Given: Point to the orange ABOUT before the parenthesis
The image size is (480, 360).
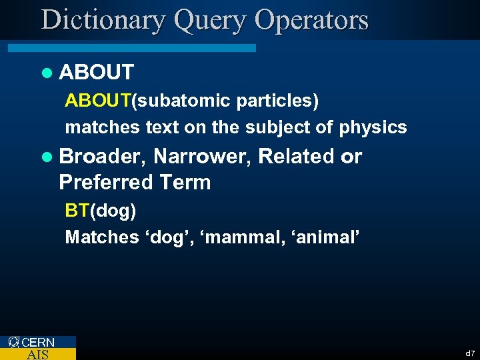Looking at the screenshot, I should point(97,101).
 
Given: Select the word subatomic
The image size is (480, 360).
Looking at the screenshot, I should point(172,101).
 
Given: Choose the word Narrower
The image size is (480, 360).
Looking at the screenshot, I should point(201,157).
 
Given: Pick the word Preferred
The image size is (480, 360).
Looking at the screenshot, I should point(106,182).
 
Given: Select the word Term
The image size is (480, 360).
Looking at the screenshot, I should point(185,182).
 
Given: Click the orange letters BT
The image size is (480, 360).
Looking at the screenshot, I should point(77,211).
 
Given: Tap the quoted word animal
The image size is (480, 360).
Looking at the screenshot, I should point(327,237).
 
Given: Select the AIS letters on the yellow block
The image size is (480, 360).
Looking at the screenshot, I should point(37,355).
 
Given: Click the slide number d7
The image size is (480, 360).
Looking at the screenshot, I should point(470,353).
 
